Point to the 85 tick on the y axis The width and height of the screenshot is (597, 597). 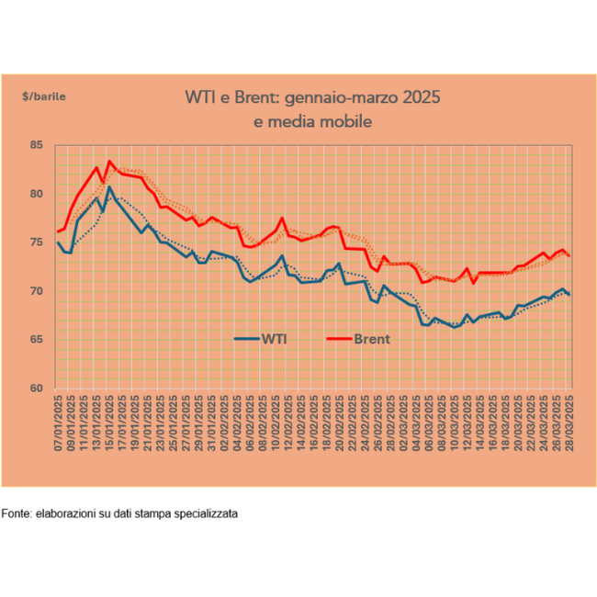point(38,146)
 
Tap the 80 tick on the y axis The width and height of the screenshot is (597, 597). point(38,195)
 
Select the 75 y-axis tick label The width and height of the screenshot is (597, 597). point(38,243)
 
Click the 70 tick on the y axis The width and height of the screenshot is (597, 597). point(38,292)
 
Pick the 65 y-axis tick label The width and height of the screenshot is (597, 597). point(38,340)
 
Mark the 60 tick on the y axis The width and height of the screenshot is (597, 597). point(38,389)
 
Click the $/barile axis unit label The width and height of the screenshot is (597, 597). point(44,95)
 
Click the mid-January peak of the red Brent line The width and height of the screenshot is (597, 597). point(110,162)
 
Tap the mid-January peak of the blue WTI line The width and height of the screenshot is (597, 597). point(110,187)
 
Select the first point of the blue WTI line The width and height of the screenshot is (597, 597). point(58,242)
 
